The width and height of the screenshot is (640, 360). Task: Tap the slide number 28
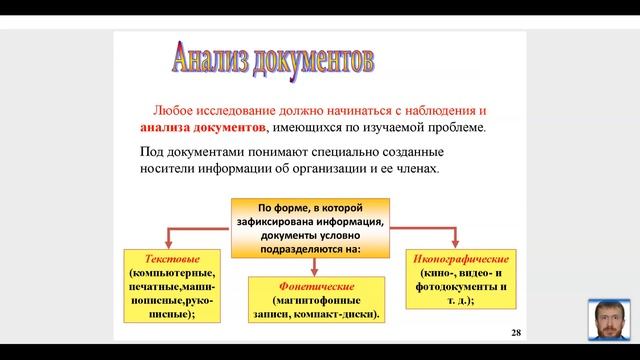[x=516, y=331]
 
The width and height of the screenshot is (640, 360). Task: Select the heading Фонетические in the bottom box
[x=317, y=286]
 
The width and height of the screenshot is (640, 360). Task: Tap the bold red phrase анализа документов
[x=202, y=128]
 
